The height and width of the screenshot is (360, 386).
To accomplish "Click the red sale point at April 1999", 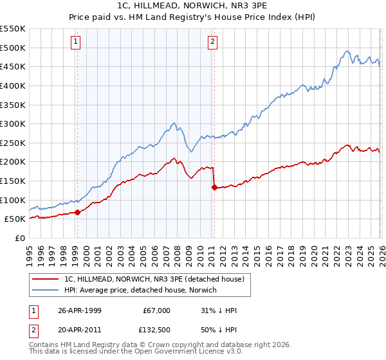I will point(78,212).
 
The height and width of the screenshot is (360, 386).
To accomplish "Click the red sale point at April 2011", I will point(214,188).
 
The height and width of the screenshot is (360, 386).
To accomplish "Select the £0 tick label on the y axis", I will point(19,238).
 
